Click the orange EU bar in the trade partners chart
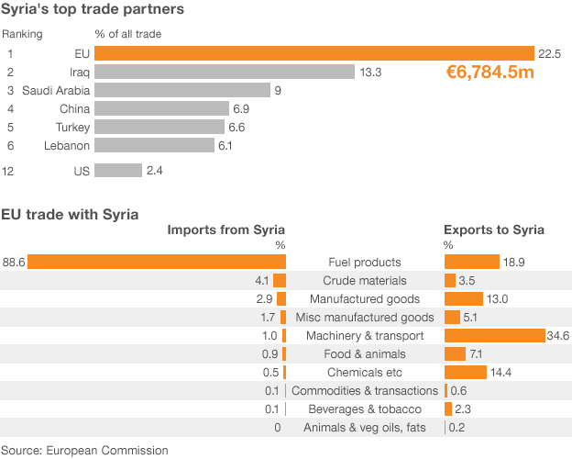[313, 53]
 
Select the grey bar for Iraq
[225, 72]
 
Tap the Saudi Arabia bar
[182, 90]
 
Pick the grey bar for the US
[118, 171]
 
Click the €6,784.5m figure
[489, 71]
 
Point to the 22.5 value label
[549, 54]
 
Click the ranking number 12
[7, 171]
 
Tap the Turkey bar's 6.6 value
[236, 127]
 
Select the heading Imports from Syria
[225, 229]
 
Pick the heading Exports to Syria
[493, 229]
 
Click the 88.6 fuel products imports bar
[157, 262]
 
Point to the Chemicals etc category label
[365, 372]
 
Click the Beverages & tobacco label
[365, 409]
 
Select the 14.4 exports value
[500, 372]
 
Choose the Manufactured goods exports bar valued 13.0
[463, 298]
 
